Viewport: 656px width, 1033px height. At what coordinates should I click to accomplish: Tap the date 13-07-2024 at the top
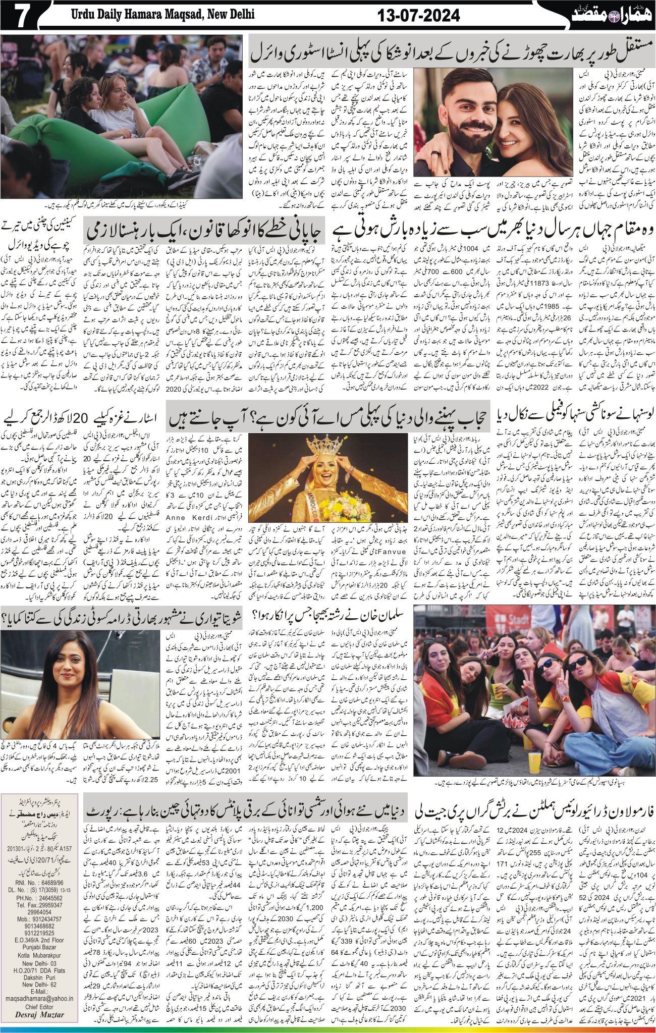(x=419, y=17)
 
